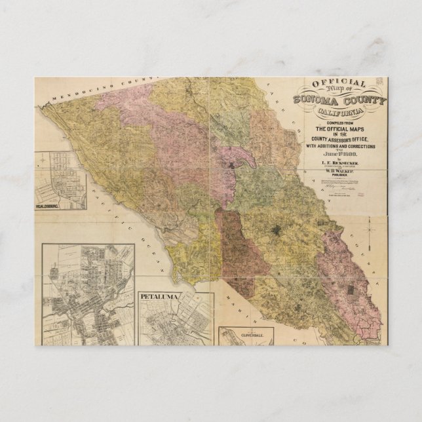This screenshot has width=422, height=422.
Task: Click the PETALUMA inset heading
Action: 159,296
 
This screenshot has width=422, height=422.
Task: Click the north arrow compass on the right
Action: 369,231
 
